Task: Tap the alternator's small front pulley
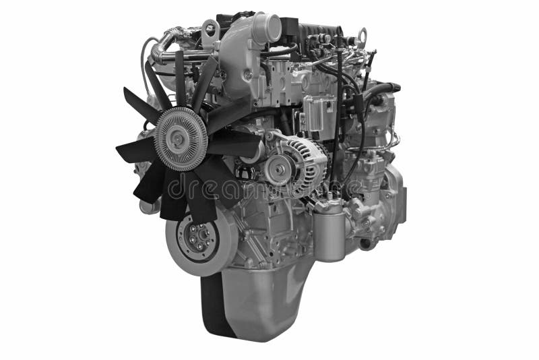click(278, 169)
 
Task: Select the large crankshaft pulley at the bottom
click(201, 239)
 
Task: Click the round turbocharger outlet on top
click(270, 28)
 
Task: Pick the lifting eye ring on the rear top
click(362, 35)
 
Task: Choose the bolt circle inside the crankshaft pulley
click(200, 237)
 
